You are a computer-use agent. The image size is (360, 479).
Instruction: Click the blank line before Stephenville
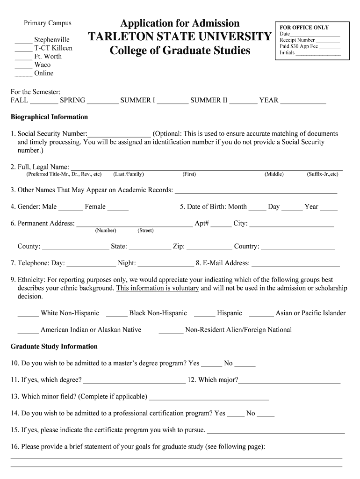tap(23, 40)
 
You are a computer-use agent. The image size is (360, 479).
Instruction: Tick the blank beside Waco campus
tap(23, 65)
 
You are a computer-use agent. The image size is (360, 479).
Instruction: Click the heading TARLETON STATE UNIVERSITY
tap(180, 36)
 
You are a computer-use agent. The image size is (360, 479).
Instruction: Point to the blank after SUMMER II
tap(243, 101)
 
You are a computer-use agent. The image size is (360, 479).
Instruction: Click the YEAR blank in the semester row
tap(303, 101)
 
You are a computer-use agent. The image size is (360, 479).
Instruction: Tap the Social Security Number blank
tap(119, 134)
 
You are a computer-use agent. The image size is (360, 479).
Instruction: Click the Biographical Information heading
tap(49, 117)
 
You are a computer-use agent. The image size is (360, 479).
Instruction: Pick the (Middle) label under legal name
tap(274, 174)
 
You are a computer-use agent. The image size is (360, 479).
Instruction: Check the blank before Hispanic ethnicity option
tap(204, 314)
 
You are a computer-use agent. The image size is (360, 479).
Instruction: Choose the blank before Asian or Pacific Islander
tap(261, 314)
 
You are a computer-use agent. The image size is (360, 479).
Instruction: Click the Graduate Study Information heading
tap(54, 347)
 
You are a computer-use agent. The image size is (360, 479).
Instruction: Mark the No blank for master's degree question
tap(245, 364)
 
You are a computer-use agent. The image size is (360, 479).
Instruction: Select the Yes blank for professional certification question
tap(236, 414)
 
